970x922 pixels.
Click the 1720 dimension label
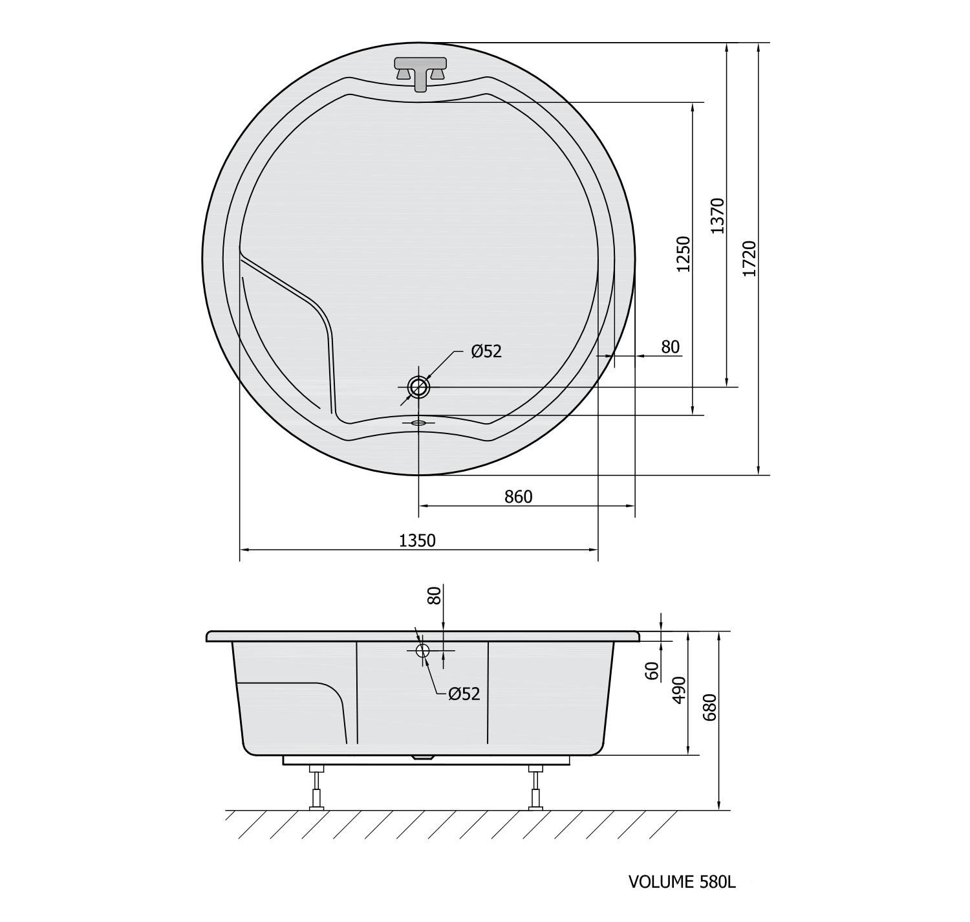[x=749, y=259]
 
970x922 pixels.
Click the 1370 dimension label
[x=718, y=216]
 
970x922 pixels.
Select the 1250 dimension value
[x=684, y=254]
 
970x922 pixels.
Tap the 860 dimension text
[x=518, y=497]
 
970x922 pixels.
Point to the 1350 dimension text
[x=418, y=541]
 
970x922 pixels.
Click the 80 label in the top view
[x=671, y=347]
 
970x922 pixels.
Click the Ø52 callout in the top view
[x=486, y=351]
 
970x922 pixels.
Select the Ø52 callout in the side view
[x=464, y=694]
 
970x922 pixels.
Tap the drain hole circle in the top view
[x=418, y=387]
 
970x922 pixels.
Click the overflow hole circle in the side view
[x=423, y=650]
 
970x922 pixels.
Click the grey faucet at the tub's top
[x=420, y=72]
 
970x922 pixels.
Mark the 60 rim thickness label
[x=652, y=671]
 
